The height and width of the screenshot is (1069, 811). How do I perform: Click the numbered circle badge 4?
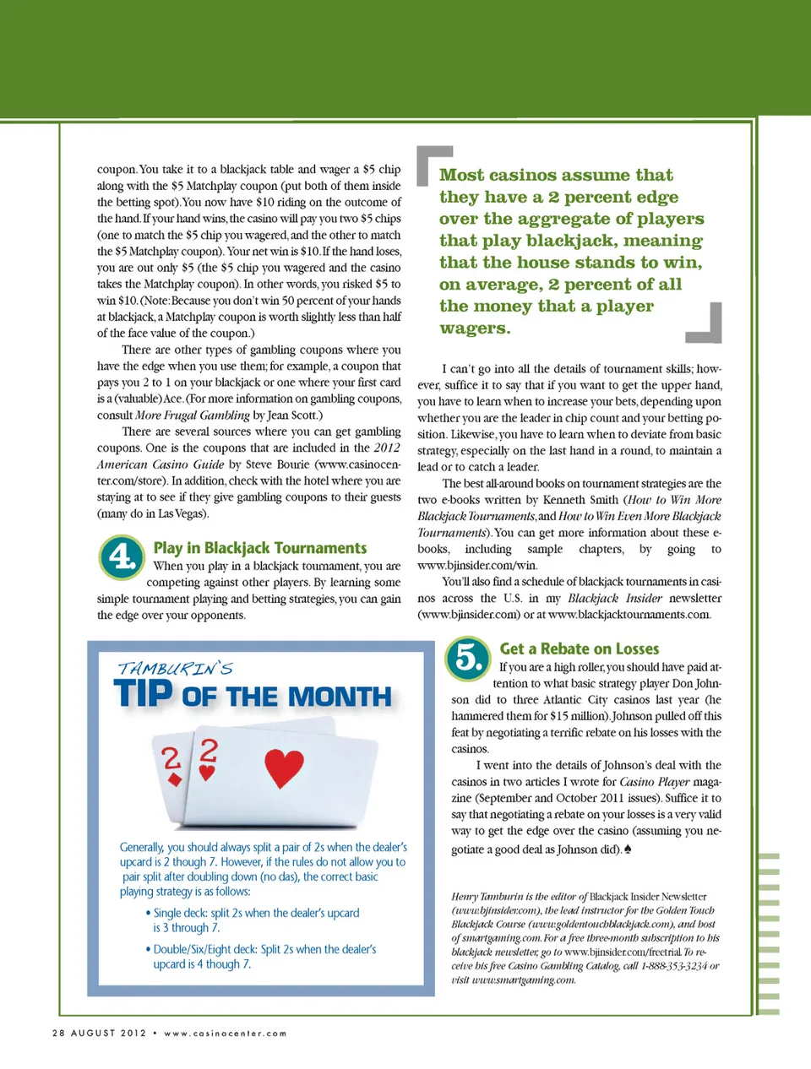[122, 556]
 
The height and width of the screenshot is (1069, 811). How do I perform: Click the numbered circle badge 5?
[468, 658]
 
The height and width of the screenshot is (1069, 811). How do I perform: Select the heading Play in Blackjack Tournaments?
[260, 548]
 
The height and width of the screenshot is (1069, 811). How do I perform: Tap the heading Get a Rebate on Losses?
[579, 648]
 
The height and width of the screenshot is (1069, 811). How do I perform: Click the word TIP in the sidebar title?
[144, 694]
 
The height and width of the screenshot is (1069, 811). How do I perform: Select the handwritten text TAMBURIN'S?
[175, 669]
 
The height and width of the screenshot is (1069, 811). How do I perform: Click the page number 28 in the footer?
[58, 1033]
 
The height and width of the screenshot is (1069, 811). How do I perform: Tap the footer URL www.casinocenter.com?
[226, 1033]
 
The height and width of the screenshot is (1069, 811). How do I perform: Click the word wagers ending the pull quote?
[475, 328]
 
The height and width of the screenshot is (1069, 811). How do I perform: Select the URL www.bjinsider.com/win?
[478, 565]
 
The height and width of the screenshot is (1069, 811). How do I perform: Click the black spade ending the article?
[628, 849]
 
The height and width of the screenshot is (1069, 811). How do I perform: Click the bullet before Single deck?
[148, 913]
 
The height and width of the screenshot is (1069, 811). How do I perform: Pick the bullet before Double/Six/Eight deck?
[148, 949]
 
